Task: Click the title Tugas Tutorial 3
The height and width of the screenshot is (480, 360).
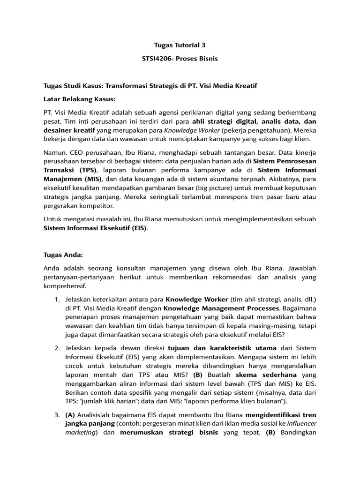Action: tap(180, 45)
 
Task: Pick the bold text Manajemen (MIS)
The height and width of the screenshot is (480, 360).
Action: tap(70, 179)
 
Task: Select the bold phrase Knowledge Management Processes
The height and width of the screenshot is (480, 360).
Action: tap(221, 308)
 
